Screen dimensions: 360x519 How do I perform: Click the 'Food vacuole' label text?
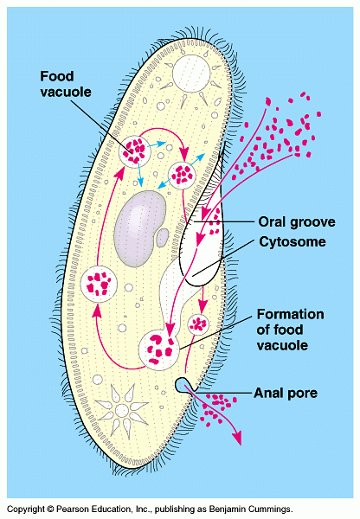click(x=66, y=84)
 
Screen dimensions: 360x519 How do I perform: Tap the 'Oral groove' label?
click(x=297, y=222)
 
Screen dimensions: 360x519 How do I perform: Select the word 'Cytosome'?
click(x=292, y=242)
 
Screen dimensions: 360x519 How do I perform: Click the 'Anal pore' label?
click(x=286, y=394)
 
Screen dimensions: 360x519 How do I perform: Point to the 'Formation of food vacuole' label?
click(x=291, y=330)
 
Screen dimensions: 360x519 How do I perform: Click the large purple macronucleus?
click(x=139, y=228)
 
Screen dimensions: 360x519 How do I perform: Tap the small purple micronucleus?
click(x=163, y=237)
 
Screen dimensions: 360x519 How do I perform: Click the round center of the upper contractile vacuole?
click(x=192, y=74)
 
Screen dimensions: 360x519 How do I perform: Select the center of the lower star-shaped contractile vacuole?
click(x=121, y=410)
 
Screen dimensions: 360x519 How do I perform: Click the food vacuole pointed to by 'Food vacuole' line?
click(x=134, y=151)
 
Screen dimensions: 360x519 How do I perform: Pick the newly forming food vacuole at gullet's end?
click(x=158, y=349)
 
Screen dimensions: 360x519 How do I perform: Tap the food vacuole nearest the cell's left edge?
click(x=99, y=284)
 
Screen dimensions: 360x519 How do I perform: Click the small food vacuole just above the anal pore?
click(x=198, y=324)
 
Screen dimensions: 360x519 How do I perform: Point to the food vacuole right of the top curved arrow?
click(x=182, y=175)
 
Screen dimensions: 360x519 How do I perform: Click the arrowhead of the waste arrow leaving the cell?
click(x=236, y=439)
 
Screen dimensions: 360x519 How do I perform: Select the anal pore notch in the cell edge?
click(x=183, y=385)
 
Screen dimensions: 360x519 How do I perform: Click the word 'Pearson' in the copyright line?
click(x=70, y=509)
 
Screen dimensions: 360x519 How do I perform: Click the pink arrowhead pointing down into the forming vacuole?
click(x=170, y=329)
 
